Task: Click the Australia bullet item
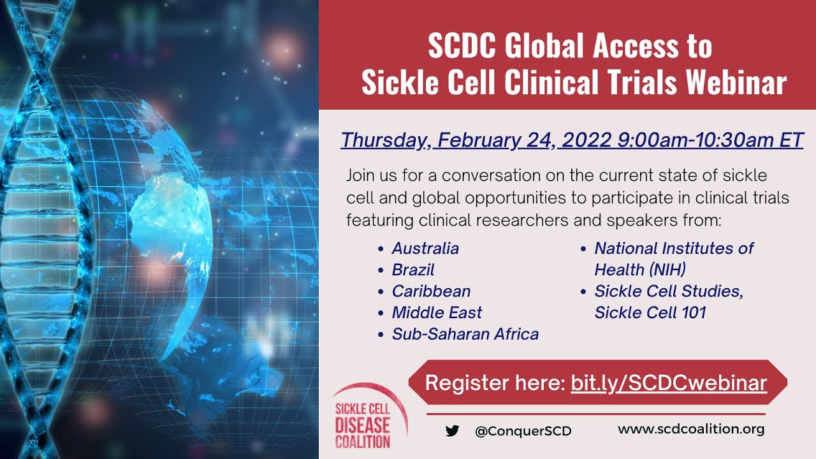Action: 425,248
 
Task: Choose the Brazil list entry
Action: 413,270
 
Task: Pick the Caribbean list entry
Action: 431,291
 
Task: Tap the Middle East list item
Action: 437,312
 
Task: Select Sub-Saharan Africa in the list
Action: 465,334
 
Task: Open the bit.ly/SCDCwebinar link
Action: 669,383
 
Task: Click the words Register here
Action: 494,383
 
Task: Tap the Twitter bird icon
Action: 453,430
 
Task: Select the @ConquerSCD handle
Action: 523,431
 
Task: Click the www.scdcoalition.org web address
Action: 691,429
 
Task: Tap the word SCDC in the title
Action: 462,46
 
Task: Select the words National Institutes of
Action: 674,248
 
